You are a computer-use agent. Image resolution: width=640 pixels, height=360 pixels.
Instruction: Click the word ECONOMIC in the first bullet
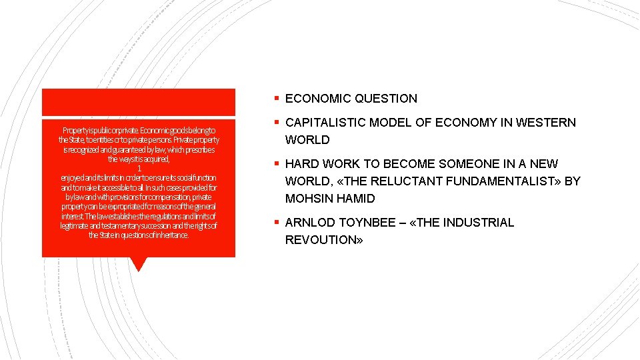(x=318, y=99)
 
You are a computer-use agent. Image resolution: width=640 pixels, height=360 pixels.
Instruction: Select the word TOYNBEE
(x=365, y=223)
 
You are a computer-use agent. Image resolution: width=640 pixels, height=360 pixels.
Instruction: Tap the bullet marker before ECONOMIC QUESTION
(x=276, y=99)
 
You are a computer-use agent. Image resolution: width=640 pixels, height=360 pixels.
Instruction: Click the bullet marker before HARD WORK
(x=276, y=164)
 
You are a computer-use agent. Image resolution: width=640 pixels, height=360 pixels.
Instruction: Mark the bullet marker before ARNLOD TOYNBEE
(x=276, y=223)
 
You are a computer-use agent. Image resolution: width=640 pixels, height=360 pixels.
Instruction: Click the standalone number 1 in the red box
(x=139, y=169)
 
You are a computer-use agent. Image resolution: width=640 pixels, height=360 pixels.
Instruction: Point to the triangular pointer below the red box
(x=139, y=264)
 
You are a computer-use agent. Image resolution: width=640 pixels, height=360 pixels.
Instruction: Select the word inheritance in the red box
(x=170, y=235)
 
